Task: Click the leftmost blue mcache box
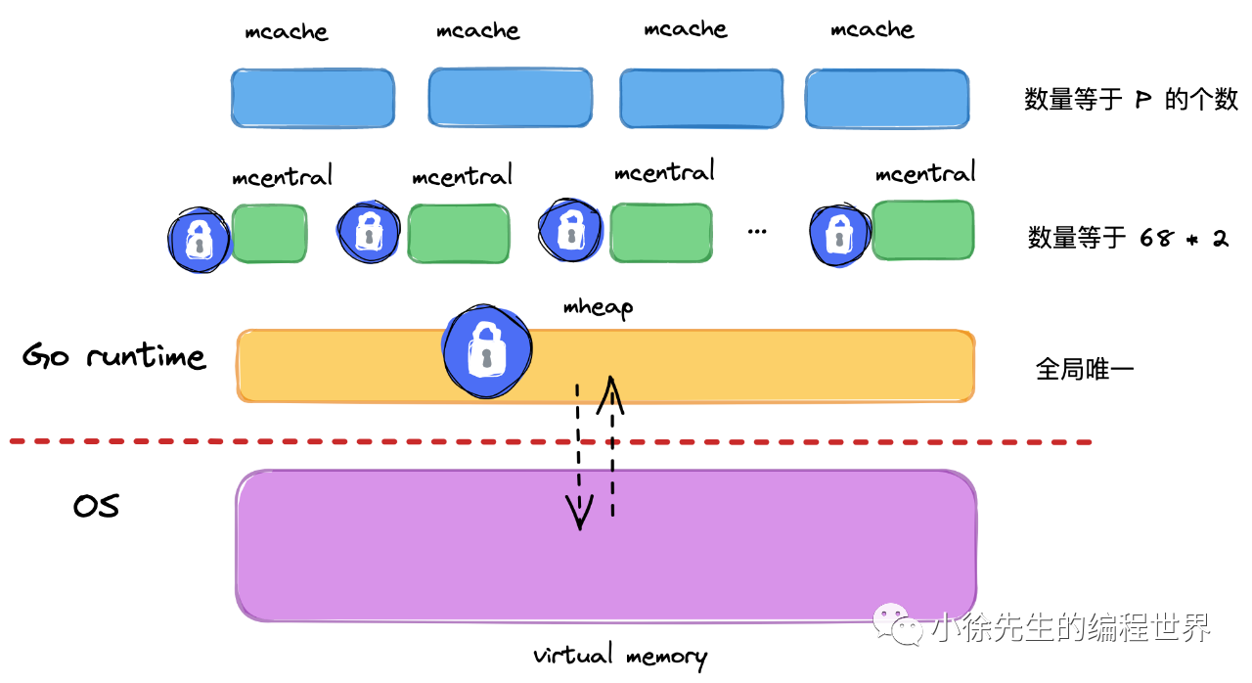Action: click(313, 98)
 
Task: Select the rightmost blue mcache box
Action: click(886, 98)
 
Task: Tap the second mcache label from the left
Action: click(478, 31)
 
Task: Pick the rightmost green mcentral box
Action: click(922, 231)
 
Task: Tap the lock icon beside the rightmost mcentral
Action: click(838, 236)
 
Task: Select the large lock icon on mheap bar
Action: click(486, 351)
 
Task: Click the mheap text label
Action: click(598, 307)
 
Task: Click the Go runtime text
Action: click(113, 355)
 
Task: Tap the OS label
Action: click(96, 506)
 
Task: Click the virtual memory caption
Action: click(619, 656)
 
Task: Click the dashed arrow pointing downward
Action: click(579, 460)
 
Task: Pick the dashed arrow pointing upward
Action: click(612, 440)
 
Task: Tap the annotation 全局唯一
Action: click(1084, 369)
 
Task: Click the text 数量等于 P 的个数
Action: click(1130, 99)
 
